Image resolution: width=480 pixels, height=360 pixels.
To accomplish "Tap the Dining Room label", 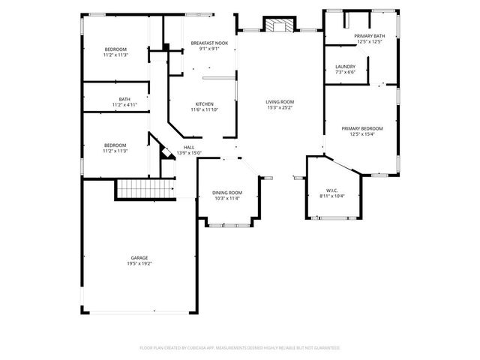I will coord(226,193).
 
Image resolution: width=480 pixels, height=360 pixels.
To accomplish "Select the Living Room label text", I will coord(280,102).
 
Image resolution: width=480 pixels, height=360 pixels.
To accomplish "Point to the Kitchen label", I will coord(205,104).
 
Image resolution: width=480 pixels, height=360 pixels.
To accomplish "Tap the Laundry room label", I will coord(345,67).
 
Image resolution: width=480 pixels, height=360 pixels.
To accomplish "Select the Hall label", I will coord(189,148).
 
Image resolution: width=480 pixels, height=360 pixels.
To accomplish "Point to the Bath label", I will coord(124,99).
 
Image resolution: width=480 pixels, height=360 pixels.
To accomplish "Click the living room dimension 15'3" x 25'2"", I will coord(280,108).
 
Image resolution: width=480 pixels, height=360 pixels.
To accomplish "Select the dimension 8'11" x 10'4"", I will coord(331,196).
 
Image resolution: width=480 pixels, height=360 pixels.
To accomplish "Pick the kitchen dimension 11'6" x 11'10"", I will coord(205,110).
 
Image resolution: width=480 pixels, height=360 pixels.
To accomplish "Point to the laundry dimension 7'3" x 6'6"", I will coord(345,73).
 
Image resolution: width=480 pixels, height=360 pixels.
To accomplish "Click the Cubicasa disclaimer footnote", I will coord(240,348).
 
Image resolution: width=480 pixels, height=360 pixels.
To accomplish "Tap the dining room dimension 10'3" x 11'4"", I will coord(226,199).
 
